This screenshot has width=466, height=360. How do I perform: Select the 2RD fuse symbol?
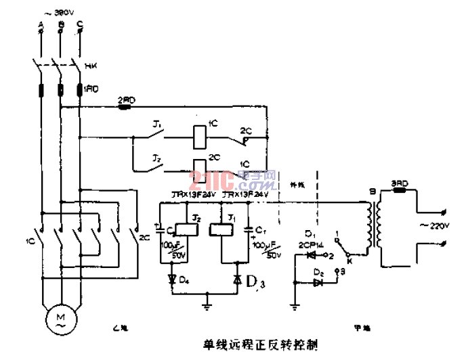126,106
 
